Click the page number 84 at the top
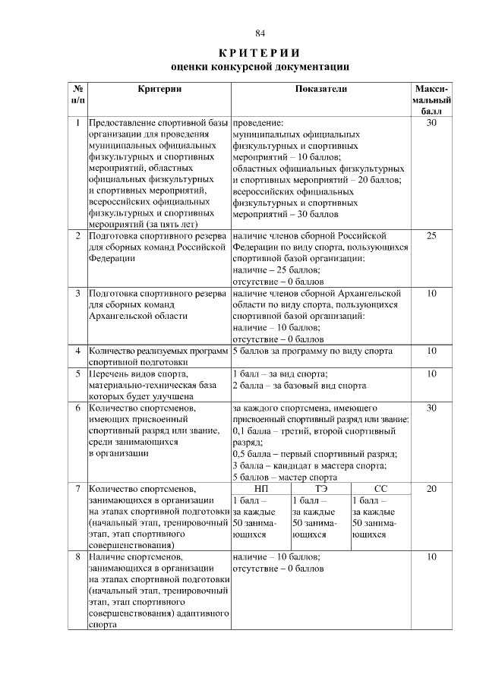point(260,33)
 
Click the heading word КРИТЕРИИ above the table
point(260,52)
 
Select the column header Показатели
point(320,89)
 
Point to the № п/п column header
point(77,94)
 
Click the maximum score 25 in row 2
point(431,236)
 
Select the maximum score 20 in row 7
point(431,489)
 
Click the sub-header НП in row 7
point(260,489)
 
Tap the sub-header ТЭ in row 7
point(320,489)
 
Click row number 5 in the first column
point(77,373)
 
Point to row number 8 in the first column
point(77,556)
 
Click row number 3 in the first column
point(77,293)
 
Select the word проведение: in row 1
point(257,121)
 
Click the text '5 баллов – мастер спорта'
point(285,478)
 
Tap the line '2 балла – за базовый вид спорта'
point(299,385)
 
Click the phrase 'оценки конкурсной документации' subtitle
point(260,67)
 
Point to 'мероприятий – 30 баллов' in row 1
point(284,215)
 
